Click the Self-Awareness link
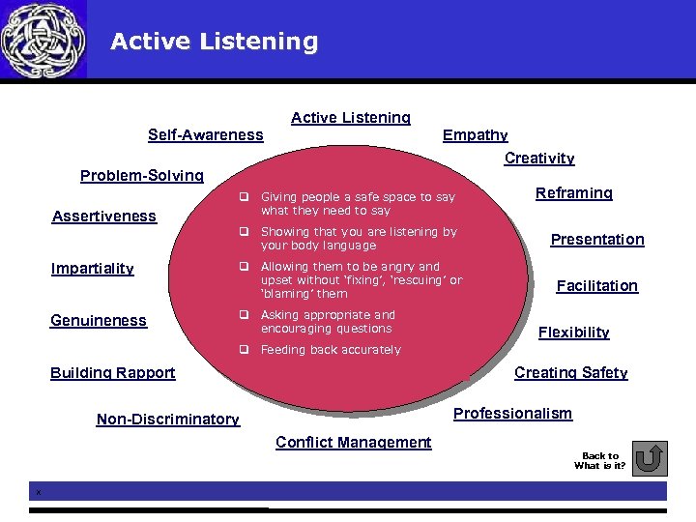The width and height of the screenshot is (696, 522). tap(205, 135)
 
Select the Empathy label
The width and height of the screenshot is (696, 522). tap(475, 135)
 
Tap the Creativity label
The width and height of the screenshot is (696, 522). tap(539, 159)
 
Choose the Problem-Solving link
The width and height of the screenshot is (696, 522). tap(142, 176)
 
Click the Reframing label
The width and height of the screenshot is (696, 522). tap(574, 193)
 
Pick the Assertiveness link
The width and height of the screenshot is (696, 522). tap(103, 217)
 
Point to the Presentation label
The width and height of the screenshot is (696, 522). tap(597, 240)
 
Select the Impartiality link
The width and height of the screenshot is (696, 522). tap(92, 269)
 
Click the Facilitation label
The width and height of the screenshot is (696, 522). tap(597, 286)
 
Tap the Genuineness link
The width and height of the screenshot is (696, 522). tap(99, 321)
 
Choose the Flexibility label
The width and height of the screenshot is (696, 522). tap(574, 333)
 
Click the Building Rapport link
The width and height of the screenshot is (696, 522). tap(113, 373)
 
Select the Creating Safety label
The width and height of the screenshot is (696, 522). tap(571, 373)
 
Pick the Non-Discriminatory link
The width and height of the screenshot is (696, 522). tap(168, 420)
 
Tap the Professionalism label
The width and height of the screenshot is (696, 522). tap(513, 414)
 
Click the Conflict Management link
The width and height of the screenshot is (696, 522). tap(354, 443)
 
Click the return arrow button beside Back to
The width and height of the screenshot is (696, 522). tap(653, 458)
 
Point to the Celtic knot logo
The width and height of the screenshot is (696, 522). tap(43, 40)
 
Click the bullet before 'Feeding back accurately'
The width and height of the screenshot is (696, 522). tap(246, 349)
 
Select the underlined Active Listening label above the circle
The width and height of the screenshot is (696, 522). tap(351, 118)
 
